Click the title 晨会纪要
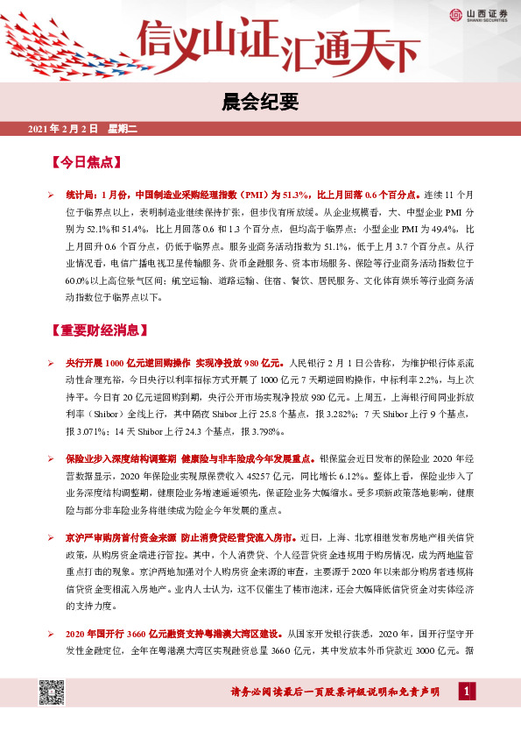260,103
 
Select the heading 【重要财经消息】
100,330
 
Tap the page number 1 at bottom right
469,693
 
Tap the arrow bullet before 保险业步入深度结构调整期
52,458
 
